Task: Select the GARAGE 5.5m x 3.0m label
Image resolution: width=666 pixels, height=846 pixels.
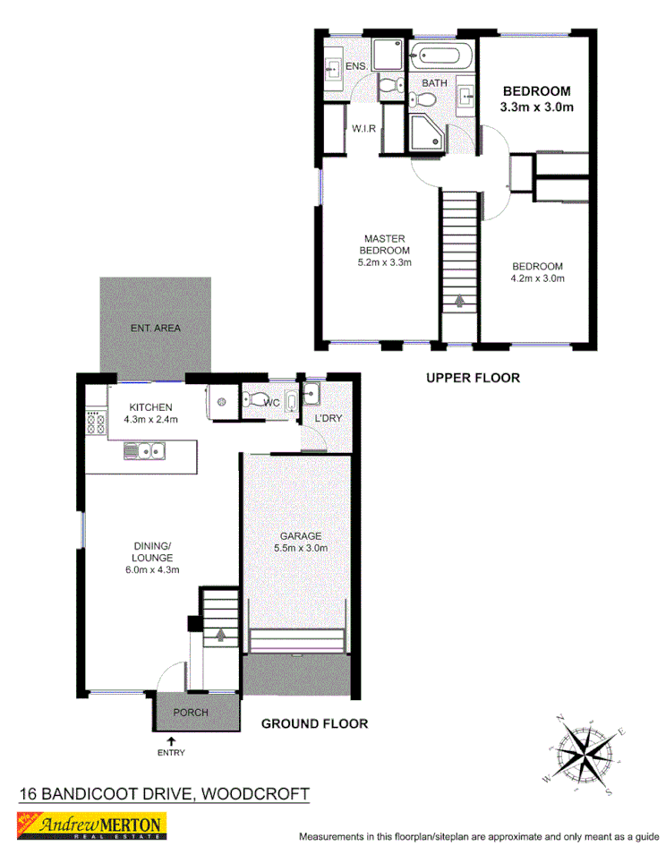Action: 300,542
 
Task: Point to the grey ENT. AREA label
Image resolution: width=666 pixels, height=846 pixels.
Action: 155,329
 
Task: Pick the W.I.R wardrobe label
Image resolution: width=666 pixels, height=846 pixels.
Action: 363,129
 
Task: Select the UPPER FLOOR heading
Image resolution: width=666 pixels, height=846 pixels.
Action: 472,379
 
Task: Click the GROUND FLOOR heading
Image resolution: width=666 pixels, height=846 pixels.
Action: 314,723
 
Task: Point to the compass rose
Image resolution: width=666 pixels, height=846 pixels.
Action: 585,753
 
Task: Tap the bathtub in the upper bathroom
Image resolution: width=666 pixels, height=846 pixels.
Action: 440,56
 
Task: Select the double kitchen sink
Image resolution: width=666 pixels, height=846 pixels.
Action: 144,450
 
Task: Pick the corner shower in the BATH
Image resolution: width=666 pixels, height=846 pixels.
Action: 423,132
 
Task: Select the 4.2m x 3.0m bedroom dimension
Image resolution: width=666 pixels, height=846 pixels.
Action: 537,278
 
